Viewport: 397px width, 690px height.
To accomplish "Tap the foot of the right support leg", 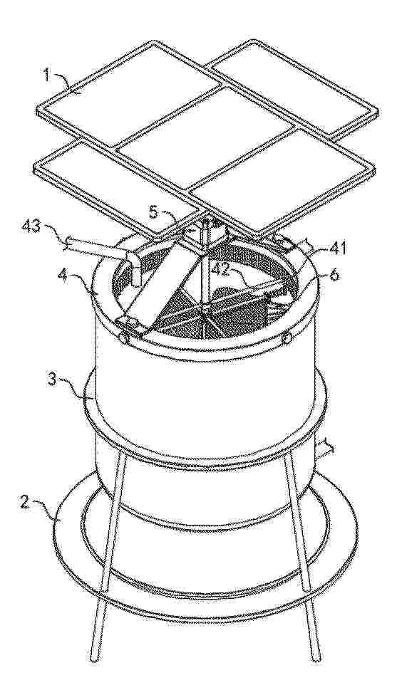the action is coord(314,656).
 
